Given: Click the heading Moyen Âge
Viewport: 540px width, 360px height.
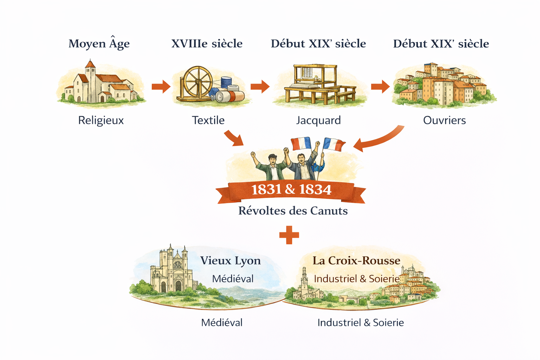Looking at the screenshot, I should pyautogui.click(x=99, y=44).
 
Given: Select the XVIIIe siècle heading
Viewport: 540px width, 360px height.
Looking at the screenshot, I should pyautogui.click(x=207, y=44).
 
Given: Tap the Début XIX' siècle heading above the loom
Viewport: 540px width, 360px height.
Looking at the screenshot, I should pyautogui.click(x=318, y=44).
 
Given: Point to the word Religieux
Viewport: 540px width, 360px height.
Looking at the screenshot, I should pyautogui.click(x=101, y=120).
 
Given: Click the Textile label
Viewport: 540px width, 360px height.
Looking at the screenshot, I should pyautogui.click(x=208, y=120).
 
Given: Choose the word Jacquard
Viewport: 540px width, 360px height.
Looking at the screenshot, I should pyautogui.click(x=318, y=120).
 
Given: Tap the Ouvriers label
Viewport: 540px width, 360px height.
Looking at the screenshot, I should pyautogui.click(x=444, y=120).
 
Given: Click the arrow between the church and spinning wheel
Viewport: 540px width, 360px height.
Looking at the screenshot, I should pyautogui.click(x=161, y=86).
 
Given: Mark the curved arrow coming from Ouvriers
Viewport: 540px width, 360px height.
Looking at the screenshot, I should pyautogui.click(x=380, y=139).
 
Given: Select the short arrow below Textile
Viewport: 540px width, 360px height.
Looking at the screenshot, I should pyautogui.click(x=234, y=138).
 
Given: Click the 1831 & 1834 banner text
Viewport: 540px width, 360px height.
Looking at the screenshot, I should pyautogui.click(x=291, y=190).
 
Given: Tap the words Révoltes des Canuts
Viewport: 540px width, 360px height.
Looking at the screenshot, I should pyautogui.click(x=293, y=211).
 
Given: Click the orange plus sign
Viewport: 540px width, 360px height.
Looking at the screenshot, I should pyautogui.click(x=289, y=235).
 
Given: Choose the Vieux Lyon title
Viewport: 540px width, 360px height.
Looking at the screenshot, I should pyautogui.click(x=230, y=261).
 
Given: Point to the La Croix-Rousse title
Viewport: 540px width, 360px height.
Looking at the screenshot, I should pyautogui.click(x=356, y=261).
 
